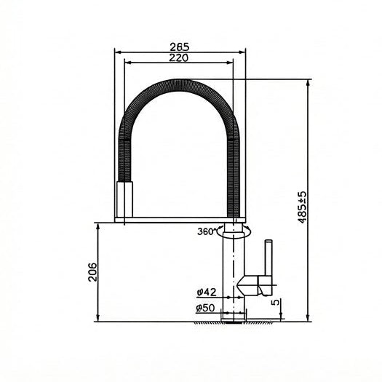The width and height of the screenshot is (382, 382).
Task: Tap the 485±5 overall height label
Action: (x=302, y=209)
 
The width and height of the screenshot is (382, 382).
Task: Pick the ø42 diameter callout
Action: (x=207, y=292)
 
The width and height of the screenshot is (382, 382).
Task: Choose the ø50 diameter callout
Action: (x=207, y=309)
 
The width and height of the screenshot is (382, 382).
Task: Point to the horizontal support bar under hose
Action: (x=178, y=218)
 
